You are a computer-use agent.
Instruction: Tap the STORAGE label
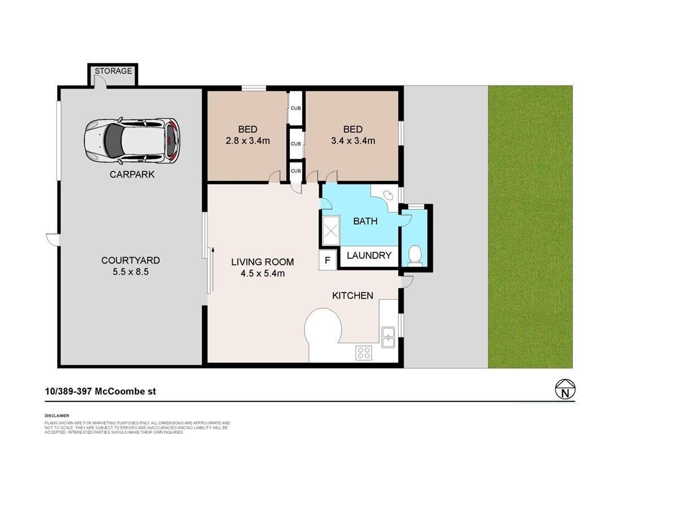113,71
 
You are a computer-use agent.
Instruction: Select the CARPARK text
132,175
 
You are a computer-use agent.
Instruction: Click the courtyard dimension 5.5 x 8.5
131,272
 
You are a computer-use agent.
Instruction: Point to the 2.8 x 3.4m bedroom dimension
246,141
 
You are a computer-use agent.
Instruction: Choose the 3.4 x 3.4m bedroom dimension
353,141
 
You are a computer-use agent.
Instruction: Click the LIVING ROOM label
263,262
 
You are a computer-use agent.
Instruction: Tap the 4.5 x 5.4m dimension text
262,274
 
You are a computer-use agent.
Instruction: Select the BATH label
365,221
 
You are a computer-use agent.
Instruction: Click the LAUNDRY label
369,256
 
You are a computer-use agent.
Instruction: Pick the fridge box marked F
328,261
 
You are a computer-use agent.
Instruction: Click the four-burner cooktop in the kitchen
364,353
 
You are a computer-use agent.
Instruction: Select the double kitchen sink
388,337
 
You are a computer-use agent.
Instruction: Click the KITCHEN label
352,296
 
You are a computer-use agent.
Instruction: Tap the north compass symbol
564,390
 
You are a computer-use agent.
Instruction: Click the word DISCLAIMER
57,416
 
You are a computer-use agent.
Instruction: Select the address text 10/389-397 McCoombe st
100,391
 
